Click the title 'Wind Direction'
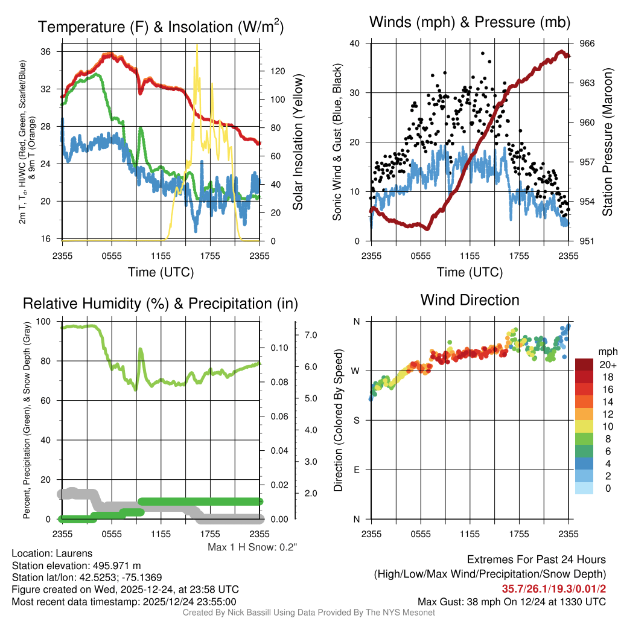[x=470, y=300]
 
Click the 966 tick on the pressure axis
[x=586, y=43]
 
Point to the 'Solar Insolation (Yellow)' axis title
[x=298, y=142]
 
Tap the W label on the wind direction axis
[x=356, y=371]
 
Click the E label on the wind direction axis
[x=357, y=470]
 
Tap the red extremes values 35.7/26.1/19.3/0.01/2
[x=553, y=588]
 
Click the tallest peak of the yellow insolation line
[x=196, y=46]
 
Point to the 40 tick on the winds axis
[x=355, y=43]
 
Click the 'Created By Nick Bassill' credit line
[x=309, y=613]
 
